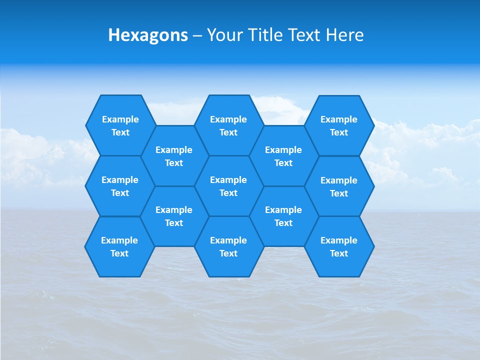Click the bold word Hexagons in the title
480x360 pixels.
[148, 35]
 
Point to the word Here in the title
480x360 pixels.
[344, 35]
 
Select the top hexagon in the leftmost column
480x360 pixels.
[120, 125]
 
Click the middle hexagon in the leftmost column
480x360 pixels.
[120, 186]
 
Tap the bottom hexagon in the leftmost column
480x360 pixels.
[119, 246]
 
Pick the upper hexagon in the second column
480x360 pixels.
[174, 156]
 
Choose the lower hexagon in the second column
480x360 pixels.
[174, 216]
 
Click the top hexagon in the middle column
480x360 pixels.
[228, 125]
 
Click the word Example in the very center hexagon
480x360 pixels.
[228, 180]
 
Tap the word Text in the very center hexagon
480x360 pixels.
[228, 193]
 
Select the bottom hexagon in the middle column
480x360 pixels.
[228, 246]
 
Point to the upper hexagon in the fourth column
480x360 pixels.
[283, 156]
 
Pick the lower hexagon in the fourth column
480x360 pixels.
[283, 216]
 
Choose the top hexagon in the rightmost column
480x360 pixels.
[339, 125]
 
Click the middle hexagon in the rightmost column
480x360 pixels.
[339, 186]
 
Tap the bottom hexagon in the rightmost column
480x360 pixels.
[339, 246]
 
